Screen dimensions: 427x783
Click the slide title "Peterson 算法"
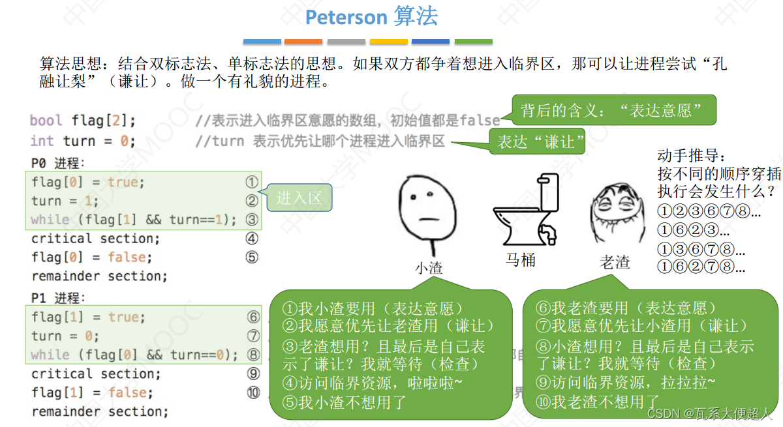coord(371,17)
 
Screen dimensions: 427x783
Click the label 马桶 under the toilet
coord(521,259)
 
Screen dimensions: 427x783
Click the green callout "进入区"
coord(299,198)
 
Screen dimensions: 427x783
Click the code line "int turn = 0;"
coord(82,141)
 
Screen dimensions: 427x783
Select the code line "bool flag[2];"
coord(83,121)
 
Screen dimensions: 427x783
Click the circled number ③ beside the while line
coord(252,220)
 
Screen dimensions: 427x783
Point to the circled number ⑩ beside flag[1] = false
coord(253,392)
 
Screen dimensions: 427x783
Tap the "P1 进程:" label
coord(58,298)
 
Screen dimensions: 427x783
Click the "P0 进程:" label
coord(58,163)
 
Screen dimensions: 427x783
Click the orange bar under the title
coord(303,42)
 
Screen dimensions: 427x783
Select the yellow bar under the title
coord(388,42)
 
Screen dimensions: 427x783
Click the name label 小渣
coord(428,267)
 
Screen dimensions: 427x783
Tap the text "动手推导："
coord(691,156)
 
